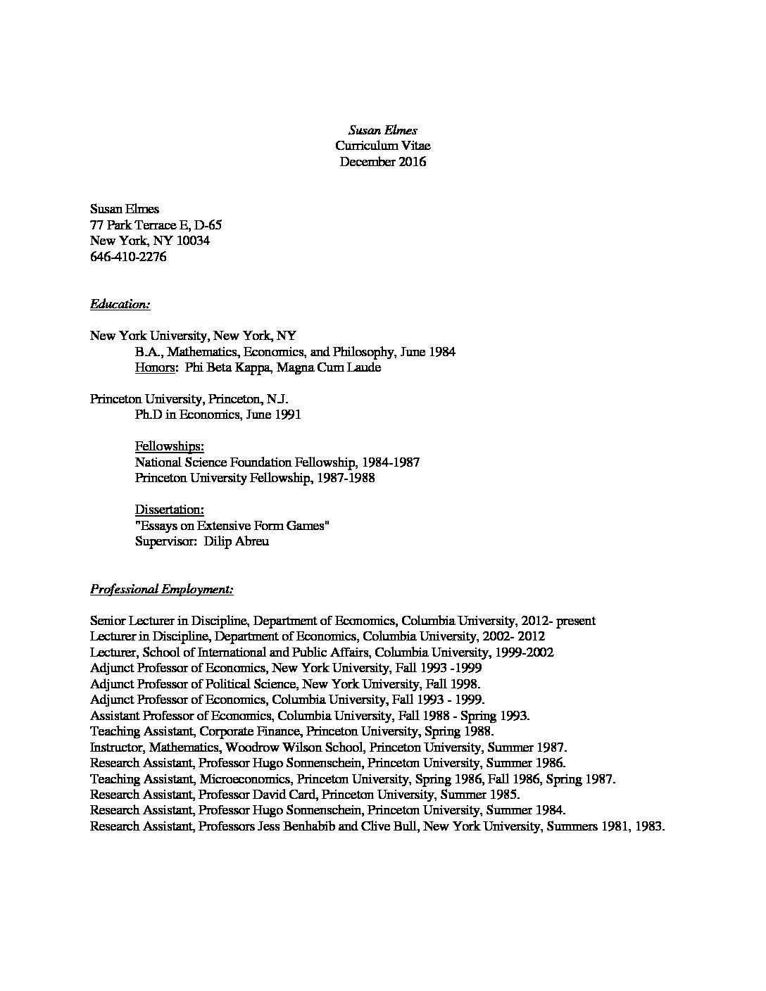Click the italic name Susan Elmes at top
click(382, 130)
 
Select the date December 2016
click(382, 162)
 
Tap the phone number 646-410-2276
click(128, 257)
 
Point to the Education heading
click(120, 305)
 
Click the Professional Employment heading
click(162, 589)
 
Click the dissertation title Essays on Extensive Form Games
click(232, 526)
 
